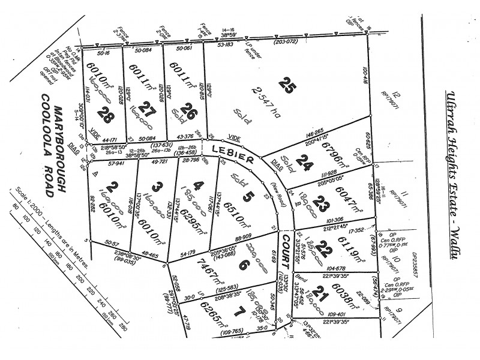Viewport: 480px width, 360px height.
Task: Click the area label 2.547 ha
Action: pos(262,99)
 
